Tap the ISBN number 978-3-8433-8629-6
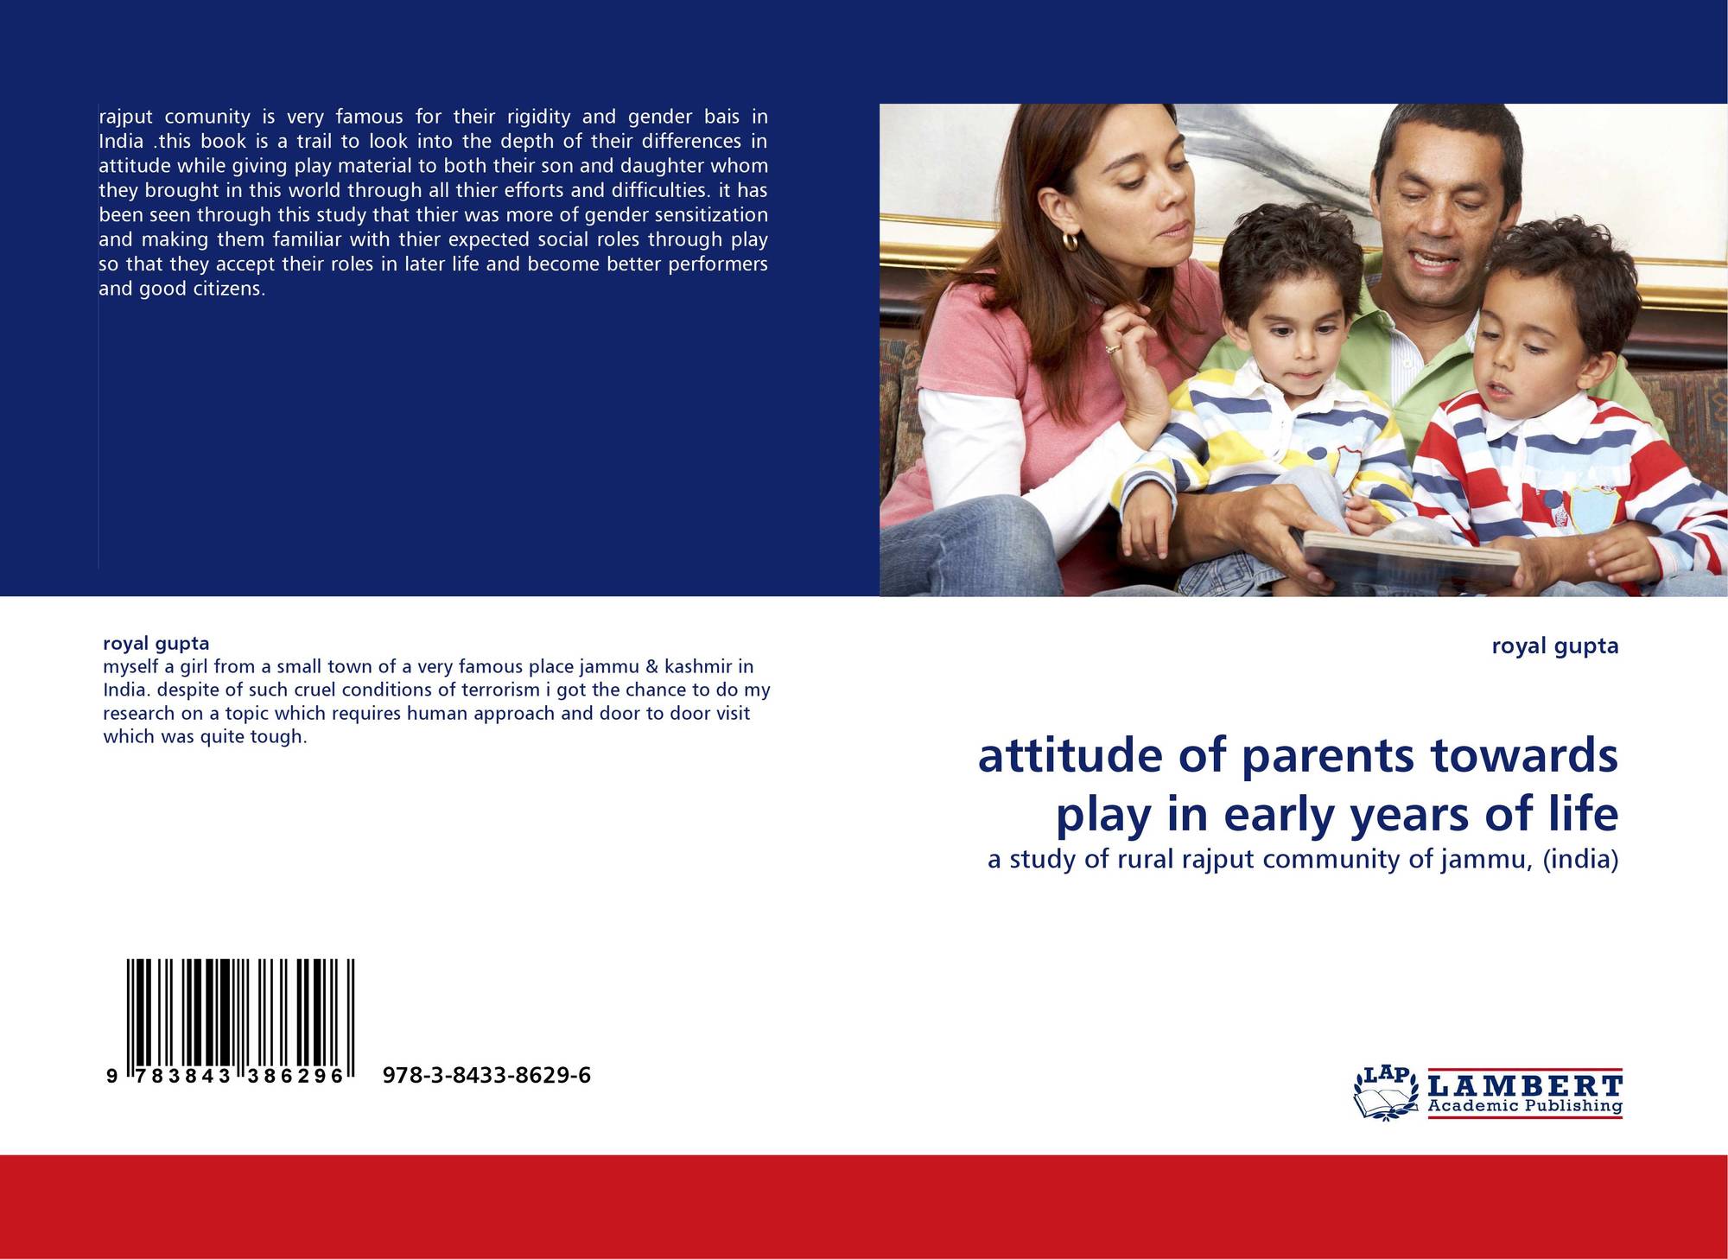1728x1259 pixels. click(x=486, y=1076)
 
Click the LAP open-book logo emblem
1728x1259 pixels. click(x=1386, y=1093)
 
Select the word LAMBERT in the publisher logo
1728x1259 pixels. click(x=1526, y=1085)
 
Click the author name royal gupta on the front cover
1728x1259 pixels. click(x=1555, y=646)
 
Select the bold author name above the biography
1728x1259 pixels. click(x=156, y=643)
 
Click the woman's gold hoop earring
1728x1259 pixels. click(x=1071, y=241)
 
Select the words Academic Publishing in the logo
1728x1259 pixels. click(x=1525, y=1107)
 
